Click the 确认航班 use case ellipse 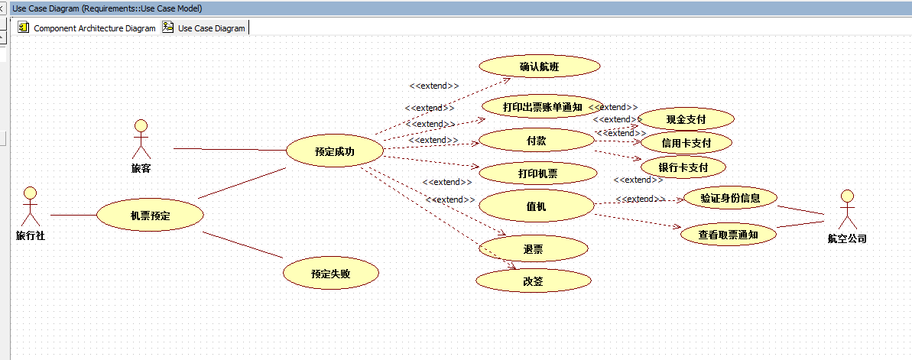click(540, 67)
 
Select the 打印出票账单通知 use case click(542, 107)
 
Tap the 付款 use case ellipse click(536, 141)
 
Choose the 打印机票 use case click(537, 174)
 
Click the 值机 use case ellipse click(537, 206)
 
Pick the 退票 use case click(533, 248)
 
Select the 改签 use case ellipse click(533, 281)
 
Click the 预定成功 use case click(334, 151)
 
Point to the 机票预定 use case click(150, 216)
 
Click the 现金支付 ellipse click(686, 119)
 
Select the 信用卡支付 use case click(686, 143)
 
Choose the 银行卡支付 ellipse click(683, 167)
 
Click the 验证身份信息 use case click(730, 198)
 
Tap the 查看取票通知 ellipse click(728, 235)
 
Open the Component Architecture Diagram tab click(86, 28)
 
